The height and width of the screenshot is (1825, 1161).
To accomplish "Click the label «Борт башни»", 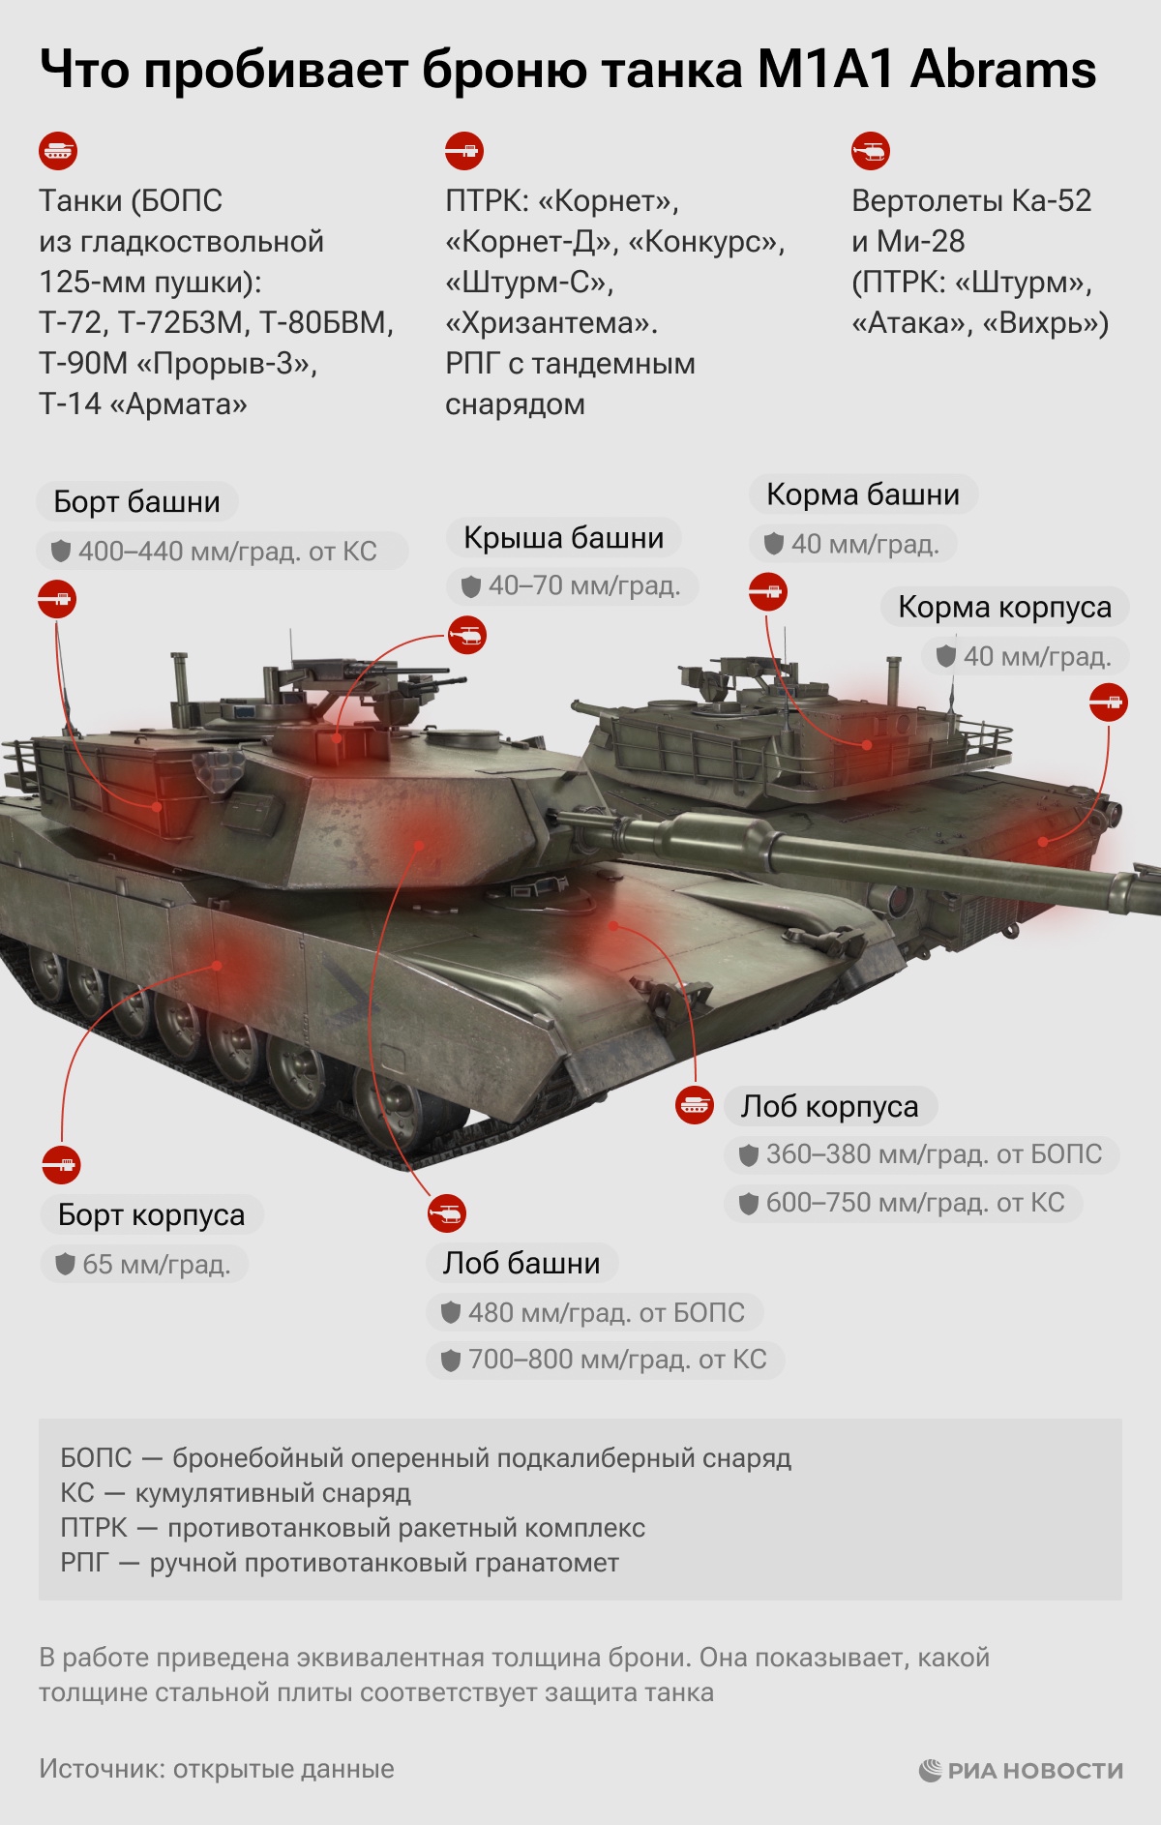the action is [x=137, y=502].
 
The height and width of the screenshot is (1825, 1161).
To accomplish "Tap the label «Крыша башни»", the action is [x=564, y=538].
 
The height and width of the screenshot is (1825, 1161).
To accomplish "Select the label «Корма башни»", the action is [x=863, y=494].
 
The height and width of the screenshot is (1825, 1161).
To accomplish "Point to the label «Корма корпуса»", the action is [x=1004, y=607].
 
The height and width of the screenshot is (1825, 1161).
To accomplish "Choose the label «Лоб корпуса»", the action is [x=830, y=1106].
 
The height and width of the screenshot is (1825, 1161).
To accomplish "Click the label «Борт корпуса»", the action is [x=152, y=1214].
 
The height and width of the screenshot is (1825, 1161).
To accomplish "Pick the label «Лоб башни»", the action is [x=521, y=1263].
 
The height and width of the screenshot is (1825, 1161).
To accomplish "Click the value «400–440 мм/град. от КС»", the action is [x=227, y=552].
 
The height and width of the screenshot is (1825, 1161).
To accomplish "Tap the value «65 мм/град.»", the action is [x=157, y=1265].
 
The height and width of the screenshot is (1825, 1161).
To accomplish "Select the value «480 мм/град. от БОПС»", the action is [x=607, y=1313].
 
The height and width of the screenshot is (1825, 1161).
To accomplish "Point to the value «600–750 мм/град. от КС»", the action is [x=915, y=1203].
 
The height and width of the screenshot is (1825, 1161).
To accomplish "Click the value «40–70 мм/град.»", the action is [x=584, y=585].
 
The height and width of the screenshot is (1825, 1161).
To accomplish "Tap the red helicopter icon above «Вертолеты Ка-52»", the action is [x=871, y=151].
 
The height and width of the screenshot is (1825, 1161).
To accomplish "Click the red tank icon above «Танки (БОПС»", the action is [x=58, y=151].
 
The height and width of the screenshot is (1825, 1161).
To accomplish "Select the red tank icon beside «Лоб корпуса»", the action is [x=695, y=1105].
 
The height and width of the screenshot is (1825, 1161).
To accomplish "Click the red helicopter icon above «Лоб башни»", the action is [x=447, y=1213].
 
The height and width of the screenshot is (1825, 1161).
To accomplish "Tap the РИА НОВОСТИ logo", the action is [x=1021, y=1770].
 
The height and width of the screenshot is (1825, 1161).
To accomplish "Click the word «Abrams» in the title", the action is [x=1003, y=71].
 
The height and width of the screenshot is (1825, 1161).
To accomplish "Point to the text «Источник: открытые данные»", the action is [x=217, y=1769].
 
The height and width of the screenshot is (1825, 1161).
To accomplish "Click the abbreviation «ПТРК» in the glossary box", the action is [x=94, y=1528].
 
